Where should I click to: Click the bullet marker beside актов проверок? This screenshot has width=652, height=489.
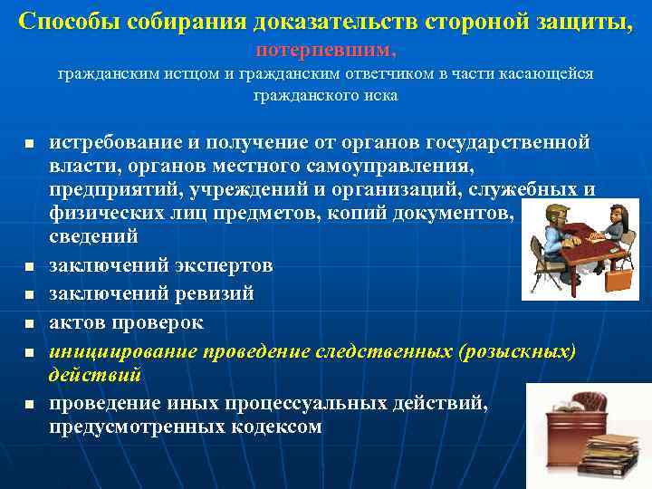(29, 323)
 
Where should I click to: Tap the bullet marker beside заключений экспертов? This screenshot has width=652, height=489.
(29, 267)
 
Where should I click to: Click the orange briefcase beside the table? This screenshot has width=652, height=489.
(616, 276)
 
